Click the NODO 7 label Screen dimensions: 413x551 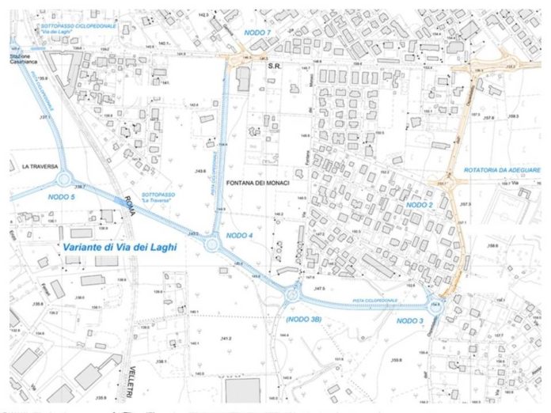(257, 32)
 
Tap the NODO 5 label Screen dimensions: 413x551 (60, 196)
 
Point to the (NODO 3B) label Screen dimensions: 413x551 (302, 319)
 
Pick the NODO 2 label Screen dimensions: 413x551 (420, 204)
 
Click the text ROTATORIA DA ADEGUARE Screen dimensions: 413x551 (503, 170)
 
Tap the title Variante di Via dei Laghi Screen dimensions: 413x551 (115, 248)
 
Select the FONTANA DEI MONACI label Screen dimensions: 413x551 (260, 183)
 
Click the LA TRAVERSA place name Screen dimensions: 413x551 (36, 167)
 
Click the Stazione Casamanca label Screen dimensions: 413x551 (24, 63)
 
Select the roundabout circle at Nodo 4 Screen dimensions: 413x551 (211, 244)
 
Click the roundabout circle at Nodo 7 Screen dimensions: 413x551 (237, 58)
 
